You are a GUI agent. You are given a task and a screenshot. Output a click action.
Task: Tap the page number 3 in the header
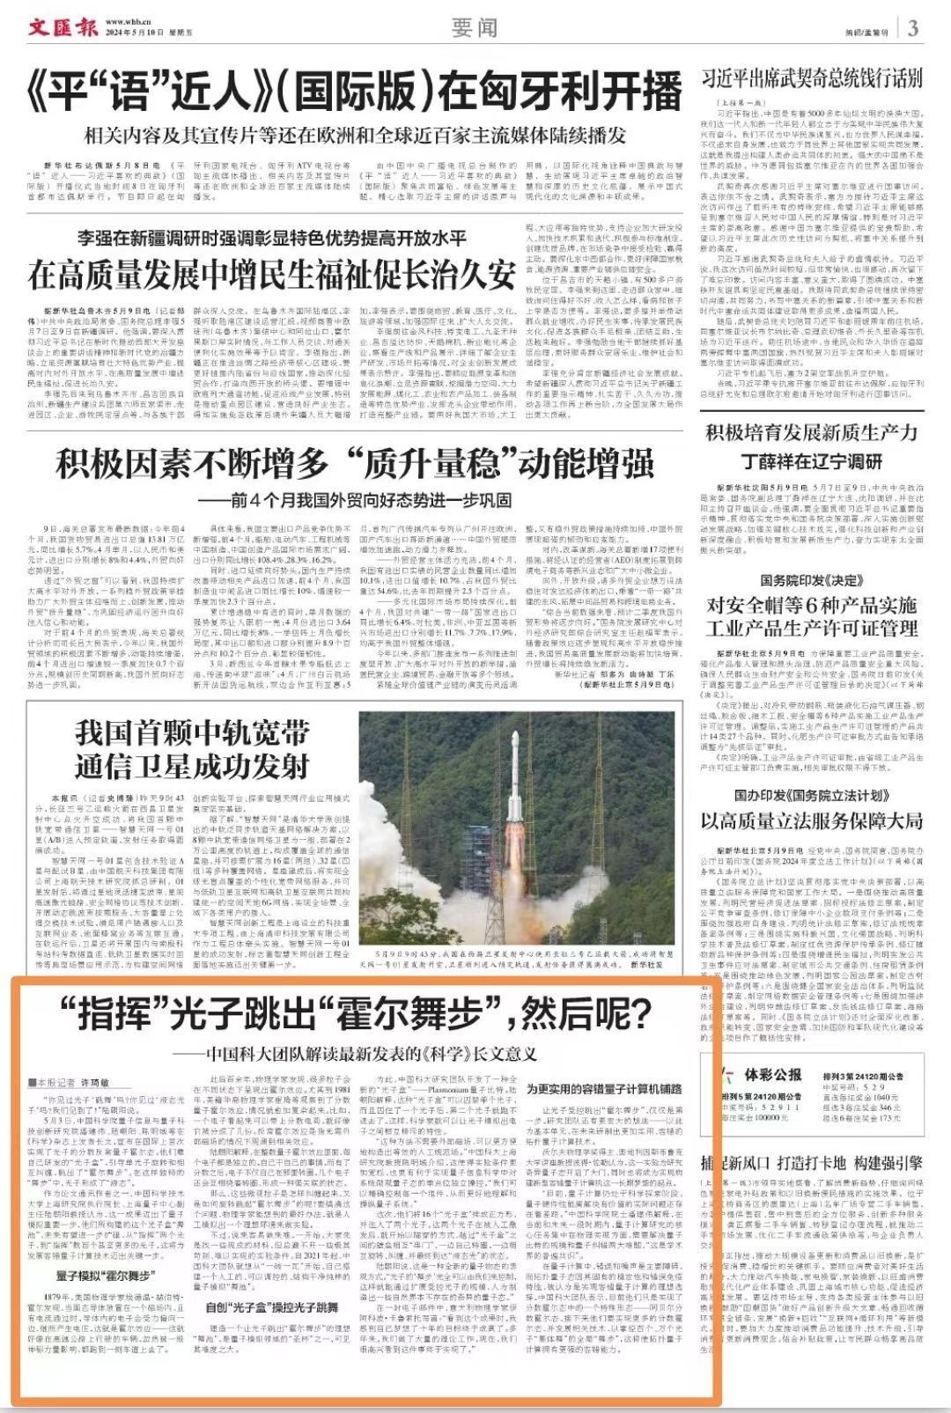(x=913, y=27)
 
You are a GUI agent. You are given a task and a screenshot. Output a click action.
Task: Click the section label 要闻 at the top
(x=475, y=28)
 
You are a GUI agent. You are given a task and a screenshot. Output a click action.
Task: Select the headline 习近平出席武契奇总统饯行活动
(x=811, y=77)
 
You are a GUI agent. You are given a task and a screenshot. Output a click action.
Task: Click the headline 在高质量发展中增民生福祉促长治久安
(x=270, y=275)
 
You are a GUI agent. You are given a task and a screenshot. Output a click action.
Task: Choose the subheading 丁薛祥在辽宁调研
(x=811, y=461)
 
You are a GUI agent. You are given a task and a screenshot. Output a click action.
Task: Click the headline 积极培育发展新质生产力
(x=811, y=433)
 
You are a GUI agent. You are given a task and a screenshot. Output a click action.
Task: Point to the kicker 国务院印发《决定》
(x=811, y=580)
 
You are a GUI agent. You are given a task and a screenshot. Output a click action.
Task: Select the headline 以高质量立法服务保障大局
(x=811, y=821)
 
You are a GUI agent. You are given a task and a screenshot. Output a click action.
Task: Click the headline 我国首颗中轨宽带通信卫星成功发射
(x=191, y=749)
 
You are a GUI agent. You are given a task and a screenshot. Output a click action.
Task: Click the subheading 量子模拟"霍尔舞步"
(x=106, y=1275)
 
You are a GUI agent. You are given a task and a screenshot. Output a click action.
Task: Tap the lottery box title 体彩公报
(x=773, y=1074)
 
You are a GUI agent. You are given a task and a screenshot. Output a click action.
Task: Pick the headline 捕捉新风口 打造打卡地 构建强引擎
(x=811, y=1162)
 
